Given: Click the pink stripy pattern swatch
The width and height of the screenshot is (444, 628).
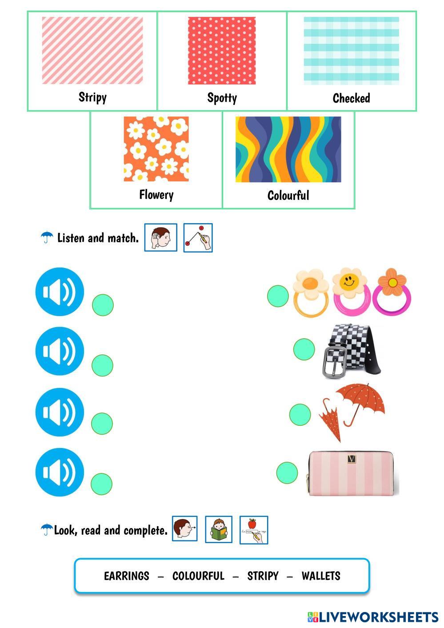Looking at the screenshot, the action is pyautogui.click(x=92, y=50).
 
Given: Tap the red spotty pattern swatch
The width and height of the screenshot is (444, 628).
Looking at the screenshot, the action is pyautogui.click(x=221, y=50).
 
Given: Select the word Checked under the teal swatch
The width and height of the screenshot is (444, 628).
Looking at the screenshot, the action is pyautogui.click(x=351, y=98).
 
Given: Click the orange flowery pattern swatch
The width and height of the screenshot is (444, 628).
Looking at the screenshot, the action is pyautogui.click(x=156, y=149).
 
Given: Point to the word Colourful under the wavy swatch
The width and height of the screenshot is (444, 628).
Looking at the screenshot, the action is pyautogui.click(x=288, y=196).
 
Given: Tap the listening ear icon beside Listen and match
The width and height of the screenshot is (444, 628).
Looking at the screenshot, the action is pyautogui.click(x=160, y=238).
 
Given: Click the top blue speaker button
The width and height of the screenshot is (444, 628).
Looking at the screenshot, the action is pyautogui.click(x=60, y=292).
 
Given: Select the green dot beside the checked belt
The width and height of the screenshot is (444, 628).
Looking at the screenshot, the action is pyautogui.click(x=304, y=349).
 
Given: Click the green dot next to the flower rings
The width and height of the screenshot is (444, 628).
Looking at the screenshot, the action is pyautogui.click(x=278, y=296).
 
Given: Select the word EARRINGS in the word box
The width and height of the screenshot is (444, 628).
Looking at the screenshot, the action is pyautogui.click(x=127, y=576).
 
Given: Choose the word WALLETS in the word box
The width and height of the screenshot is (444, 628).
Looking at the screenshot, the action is pyautogui.click(x=321, y=576).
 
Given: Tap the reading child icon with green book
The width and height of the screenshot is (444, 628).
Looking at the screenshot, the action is pyautogui.click(x=219, y=529).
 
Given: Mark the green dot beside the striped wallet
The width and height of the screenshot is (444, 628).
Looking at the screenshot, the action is pyautogui.click(x=287, y=472).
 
